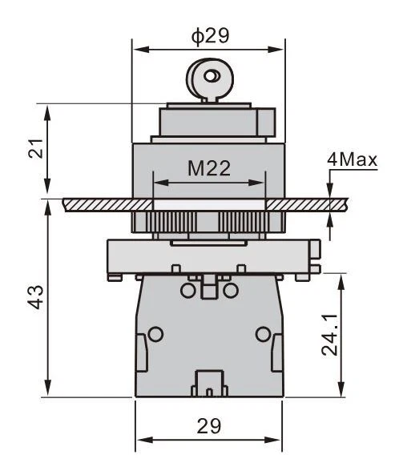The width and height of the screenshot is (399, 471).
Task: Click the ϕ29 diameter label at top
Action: (210, 36)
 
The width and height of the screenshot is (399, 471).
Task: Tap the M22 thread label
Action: (209, 168)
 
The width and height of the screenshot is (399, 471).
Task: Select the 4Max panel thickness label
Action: (352, 159)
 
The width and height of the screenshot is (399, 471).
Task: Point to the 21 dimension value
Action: (36, 149)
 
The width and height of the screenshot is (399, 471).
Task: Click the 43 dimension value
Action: (37, 297)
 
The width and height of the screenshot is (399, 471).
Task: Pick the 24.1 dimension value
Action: (329, 335)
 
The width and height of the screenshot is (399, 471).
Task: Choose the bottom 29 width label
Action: (209, 425)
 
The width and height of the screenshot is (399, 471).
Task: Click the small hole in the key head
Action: (211, 75)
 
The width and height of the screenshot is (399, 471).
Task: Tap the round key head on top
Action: (210, 78)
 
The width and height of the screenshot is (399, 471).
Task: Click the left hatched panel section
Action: (108, 205)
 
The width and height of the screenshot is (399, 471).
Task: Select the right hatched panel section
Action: (307, 205)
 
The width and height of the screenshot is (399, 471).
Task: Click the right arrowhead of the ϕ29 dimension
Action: (276, 49)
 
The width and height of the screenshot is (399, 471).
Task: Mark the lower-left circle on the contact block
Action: (155, 334)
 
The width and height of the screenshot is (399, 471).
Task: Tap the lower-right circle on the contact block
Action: (263, 334)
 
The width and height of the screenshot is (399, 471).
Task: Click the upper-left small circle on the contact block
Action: (188, 290)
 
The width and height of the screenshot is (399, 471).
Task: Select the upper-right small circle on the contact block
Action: (231, 290)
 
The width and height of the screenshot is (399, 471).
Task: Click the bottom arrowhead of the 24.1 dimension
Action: (341, 389)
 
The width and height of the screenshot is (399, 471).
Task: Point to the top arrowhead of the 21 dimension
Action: (47, 112)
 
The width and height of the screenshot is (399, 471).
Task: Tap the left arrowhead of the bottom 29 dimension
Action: (143, 441)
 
